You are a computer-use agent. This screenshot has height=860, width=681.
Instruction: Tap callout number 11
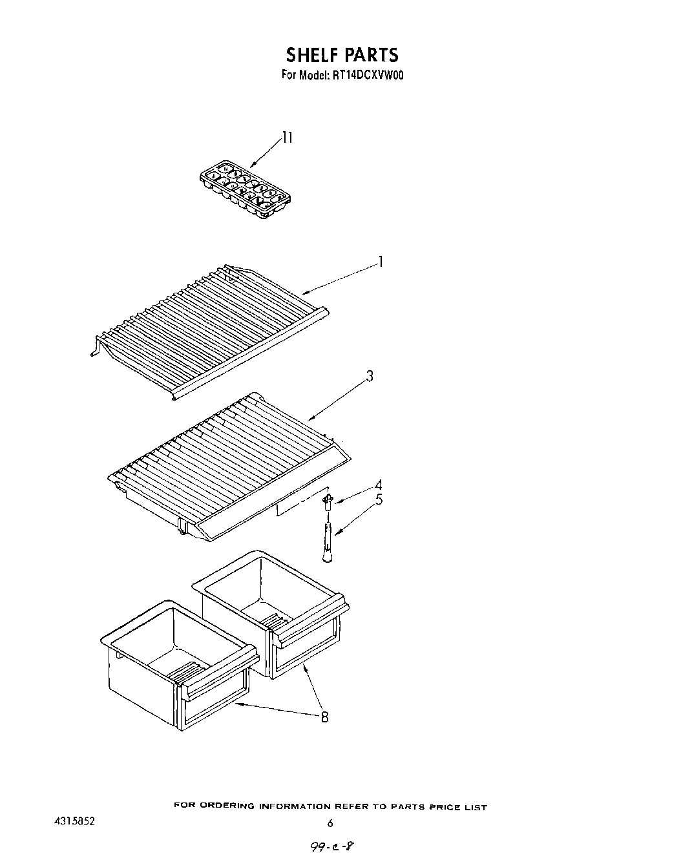287,138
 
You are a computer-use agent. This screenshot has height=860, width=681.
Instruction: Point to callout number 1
381,262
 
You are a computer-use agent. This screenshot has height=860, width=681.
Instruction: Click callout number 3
370,376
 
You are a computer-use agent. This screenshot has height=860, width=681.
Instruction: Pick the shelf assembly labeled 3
226,465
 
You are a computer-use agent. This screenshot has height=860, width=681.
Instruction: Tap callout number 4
379,485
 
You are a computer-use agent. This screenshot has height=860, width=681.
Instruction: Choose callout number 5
379,499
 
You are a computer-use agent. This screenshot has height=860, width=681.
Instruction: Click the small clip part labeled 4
328,499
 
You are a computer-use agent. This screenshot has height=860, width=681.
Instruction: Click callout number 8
324,717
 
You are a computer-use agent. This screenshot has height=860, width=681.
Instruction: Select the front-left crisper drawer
178,666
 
